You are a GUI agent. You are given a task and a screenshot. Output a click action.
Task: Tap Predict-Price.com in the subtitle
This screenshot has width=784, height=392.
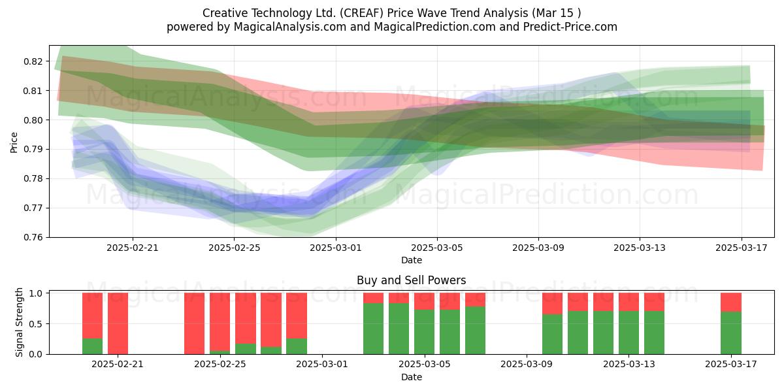[570, 27]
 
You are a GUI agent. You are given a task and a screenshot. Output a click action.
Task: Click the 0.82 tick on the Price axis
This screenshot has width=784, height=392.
[33, 61]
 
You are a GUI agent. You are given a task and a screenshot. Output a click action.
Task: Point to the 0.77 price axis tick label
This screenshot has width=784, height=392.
[33, 208]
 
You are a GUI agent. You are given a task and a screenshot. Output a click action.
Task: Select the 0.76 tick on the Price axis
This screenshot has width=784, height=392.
[33, 237]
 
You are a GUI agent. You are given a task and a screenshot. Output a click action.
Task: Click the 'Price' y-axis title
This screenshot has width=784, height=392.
[14, 142]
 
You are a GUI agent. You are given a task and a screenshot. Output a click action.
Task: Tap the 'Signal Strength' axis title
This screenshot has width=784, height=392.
[19, 322]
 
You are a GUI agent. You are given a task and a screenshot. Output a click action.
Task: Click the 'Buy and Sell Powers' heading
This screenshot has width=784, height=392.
[411, 280]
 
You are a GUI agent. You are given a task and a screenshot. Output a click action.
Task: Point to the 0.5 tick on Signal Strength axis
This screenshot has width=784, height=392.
[35, 324]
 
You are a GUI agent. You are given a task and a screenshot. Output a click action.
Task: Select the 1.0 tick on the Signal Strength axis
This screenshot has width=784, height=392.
[35, 293]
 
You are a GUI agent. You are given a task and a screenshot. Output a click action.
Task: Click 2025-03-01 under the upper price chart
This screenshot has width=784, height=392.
[336, 248]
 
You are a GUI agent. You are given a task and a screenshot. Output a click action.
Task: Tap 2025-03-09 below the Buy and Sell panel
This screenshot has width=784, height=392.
[527, 365]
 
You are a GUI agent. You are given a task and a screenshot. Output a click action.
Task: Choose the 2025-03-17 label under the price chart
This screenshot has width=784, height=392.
[742, 248]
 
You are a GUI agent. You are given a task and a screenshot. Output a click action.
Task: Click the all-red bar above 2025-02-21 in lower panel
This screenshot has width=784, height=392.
[118, 323]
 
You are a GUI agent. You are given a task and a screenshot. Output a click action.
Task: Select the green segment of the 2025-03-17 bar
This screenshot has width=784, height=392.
[731, 333]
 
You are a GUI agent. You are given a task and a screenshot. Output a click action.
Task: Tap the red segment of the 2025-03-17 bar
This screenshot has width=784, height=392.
[731, 302]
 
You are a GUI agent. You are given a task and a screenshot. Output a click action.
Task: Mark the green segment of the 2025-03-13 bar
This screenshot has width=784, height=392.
[629, 333]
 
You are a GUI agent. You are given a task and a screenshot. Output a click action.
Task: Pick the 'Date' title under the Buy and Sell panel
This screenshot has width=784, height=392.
[411, 377]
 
